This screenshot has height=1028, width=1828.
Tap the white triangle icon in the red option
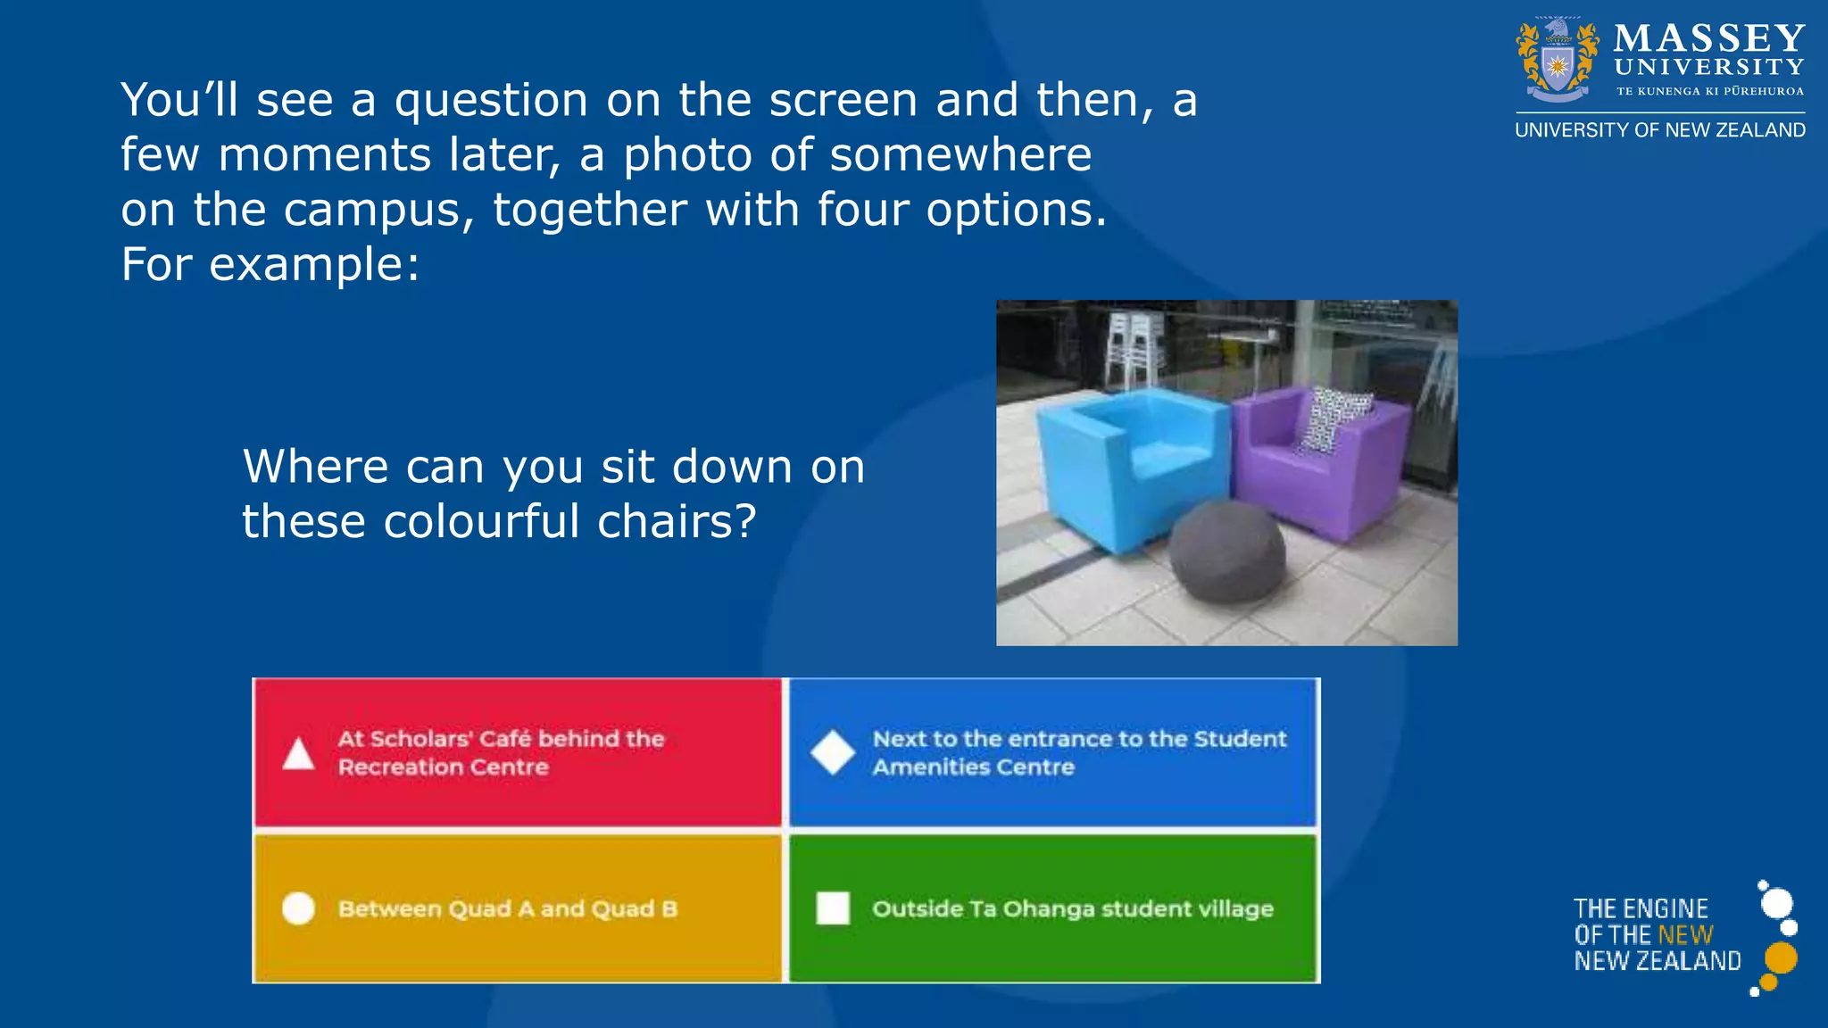pos(298,753)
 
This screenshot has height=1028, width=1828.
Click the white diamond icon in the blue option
pos(833,752)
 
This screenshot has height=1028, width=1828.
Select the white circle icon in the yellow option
pos(298,908)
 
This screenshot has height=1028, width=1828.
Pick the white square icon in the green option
pos(833,908)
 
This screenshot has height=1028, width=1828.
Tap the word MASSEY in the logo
pos(1708,39)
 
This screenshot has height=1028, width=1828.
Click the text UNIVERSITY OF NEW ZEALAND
pos(1659,130)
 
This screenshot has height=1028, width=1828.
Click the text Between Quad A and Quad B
pos(507,909)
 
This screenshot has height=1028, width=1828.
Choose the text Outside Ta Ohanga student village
pos(1072,909)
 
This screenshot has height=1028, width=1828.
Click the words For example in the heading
pos(269,265)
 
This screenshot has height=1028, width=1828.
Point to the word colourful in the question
pos(481,521)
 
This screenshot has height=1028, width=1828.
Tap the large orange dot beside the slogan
pos(1782,958)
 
